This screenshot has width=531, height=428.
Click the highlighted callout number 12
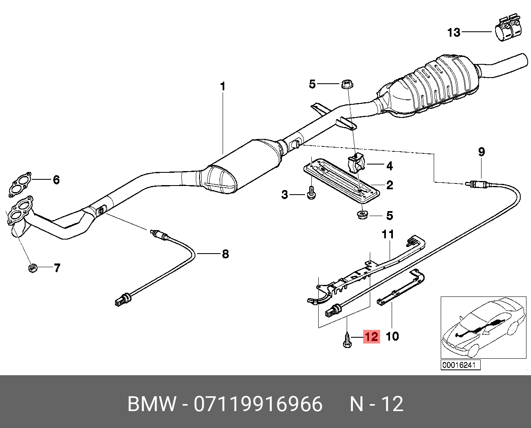(x=371, y=336)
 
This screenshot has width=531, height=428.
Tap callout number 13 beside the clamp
(x=453, y=32)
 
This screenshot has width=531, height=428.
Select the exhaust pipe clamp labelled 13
(x=507, y=30)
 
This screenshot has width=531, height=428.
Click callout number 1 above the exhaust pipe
(x=223, y=87)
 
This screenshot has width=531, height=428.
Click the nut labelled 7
(x=32, y=268)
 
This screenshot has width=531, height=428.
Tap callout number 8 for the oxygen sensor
(x=225, y=254)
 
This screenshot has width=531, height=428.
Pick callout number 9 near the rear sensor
(x=482, y=152)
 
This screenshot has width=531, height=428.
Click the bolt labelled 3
(x=311, y=193)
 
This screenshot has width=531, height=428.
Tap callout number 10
(x=392, y=336)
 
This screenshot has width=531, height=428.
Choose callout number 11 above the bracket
(x=388, y=235)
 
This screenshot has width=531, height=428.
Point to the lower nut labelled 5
(x=362, y=214)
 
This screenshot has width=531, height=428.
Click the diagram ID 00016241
(x=460, y=365)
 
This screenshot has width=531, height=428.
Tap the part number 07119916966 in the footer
(x=258, y=404)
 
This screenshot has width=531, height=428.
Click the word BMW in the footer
(x=151, y=404)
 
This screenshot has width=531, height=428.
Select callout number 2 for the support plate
(x=389, y=185)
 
